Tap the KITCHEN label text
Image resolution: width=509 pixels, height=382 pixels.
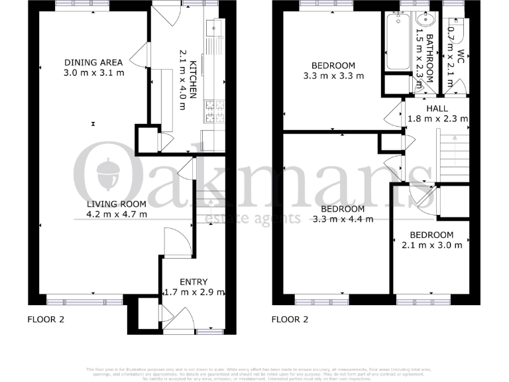[194, 80]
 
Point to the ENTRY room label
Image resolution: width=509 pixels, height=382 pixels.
[194, 282]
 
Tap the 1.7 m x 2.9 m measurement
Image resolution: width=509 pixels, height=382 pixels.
[194, 292]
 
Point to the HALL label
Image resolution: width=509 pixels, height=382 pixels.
[437, 109]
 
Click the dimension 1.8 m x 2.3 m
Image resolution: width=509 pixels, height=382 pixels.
[437, 119]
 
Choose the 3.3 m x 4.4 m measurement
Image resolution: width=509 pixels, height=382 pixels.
[343, 219]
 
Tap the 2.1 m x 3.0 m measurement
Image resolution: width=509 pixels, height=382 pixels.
[431, 245]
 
